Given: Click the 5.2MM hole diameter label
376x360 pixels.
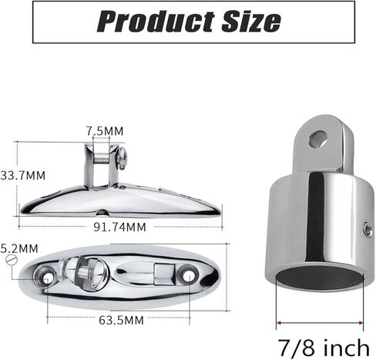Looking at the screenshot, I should point(19,248).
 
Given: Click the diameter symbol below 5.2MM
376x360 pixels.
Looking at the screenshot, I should point(10,261).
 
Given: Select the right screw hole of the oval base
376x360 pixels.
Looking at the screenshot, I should point(187,274).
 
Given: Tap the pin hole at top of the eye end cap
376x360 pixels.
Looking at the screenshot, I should point(317,139).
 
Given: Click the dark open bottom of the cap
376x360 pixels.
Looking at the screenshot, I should point(318,274).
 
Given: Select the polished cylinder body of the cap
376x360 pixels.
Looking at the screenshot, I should point(308,216).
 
